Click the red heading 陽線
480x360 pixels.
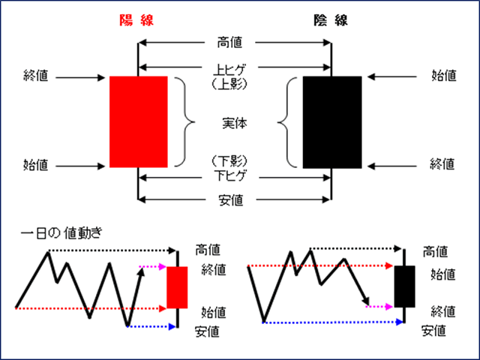point(138,21)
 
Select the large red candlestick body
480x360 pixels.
point(138,121)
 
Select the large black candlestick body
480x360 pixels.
point(331,121)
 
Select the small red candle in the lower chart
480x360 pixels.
point(177,287)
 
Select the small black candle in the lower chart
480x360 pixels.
point(405,286)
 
